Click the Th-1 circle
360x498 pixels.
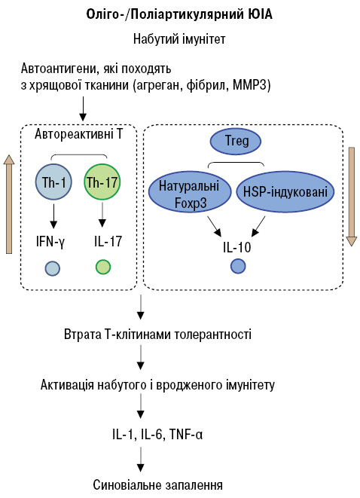(x=53, y=182)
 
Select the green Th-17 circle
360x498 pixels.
(x=102, y=182)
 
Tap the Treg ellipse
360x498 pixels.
(x=235, y=141)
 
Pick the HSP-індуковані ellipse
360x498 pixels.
(x=285, y=191)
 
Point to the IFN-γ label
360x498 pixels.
(x=50, y=243)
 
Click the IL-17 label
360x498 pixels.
(x=108, y=241)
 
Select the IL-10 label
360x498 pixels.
(x=237, y=247)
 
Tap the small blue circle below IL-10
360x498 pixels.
(x=238, y=266)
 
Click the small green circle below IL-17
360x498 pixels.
(x=103, y=267)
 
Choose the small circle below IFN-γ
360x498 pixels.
(x=53, y=268)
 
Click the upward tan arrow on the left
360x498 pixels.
(x=9, y=204)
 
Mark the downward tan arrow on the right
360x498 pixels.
(x=352, y=197)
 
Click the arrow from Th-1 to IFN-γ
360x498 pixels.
(x=53, y=216)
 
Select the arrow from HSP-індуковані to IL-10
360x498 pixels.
(x=259, y=227)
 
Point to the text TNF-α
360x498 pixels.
(x=186, y=434)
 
